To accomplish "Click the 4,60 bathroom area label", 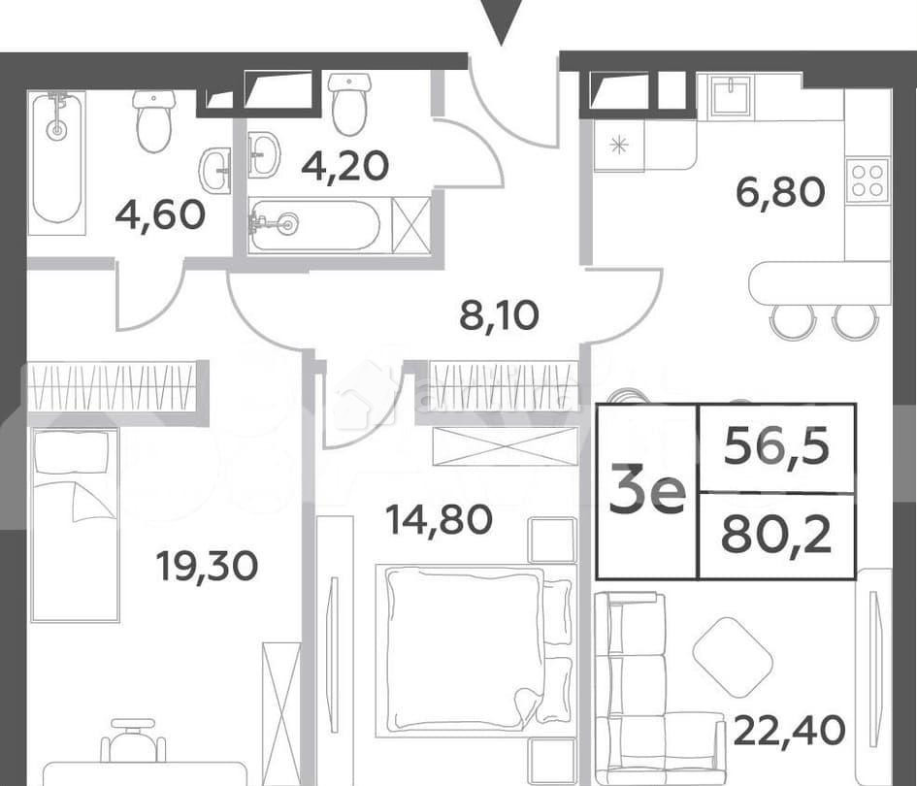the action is (x=160, y=214).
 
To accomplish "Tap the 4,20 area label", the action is (x=345, y=166).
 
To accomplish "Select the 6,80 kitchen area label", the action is (x=780, y=193).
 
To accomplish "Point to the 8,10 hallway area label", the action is (x=499, y=315).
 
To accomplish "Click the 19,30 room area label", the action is (x=207, y=566).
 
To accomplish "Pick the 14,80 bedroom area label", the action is (x=439, y=520).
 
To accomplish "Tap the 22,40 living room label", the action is (x=789, y=731).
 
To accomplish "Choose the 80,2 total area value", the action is (x=776, y=537).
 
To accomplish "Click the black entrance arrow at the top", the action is (x=501, y=22).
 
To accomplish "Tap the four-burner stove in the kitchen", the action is (x=868, y=180).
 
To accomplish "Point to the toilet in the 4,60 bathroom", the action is (x=154, y=121).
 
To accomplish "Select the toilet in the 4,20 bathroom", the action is (x=350, y=104).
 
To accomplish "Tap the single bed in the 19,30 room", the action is (x=75, y=525).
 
